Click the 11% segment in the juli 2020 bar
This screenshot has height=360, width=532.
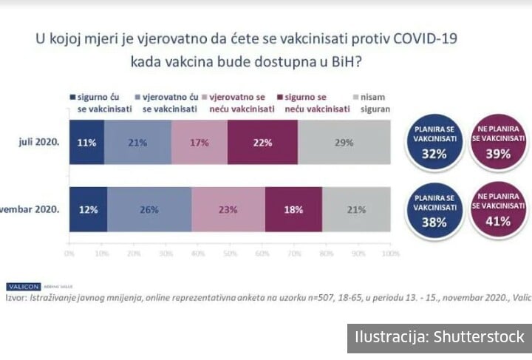click(x=86, y=143)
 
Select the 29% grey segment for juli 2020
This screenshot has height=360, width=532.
click(x=344, y=143)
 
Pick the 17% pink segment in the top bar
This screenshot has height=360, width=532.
click(x=199, y=143)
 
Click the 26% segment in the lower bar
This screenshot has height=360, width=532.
click(x=150, y=210)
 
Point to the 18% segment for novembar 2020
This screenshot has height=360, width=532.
click(x=293, y=210)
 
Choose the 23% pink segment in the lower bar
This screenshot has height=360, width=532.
click(x=228, y=210)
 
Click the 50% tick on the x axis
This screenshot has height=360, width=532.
click(x=229, y=254)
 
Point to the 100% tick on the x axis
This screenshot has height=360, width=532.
click(x=389, y=254)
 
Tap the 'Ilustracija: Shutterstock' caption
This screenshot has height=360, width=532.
click(x=440, y=338)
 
